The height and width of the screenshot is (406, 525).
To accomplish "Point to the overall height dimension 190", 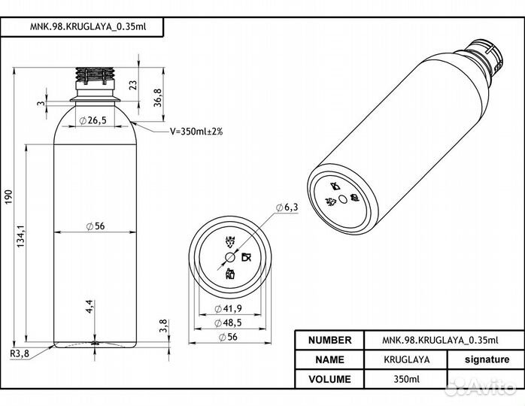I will (9, 197).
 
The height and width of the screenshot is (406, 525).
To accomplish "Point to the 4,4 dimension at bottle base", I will (89, 307).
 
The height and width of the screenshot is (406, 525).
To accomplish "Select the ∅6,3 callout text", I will (287, 207).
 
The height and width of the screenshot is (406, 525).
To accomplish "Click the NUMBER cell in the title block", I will (329, 341).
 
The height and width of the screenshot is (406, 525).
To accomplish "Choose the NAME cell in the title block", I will (329, 360).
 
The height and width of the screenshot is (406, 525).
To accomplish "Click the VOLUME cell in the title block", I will (329, 379).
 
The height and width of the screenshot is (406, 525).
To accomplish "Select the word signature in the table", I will (486, 360).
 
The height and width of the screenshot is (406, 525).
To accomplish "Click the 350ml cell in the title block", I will (406, 379).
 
